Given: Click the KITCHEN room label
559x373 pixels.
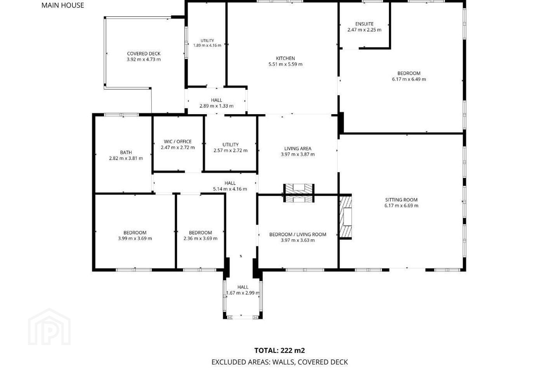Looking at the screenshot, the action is [285, 58].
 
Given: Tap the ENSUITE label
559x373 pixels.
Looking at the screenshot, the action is [365, 24].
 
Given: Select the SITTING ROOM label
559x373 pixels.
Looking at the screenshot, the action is [401, 200].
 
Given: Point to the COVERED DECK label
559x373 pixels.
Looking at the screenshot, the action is [144, 54].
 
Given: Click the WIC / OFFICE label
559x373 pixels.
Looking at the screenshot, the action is [178, 142].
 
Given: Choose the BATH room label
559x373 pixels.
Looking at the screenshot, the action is [126, 152].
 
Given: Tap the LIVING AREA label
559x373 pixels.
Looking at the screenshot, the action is [298, 148].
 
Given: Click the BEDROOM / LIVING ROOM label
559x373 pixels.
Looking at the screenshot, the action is [298, 234].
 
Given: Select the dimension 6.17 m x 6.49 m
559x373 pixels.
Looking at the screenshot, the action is [409, 79].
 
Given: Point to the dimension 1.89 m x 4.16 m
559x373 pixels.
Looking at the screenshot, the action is [207, 45].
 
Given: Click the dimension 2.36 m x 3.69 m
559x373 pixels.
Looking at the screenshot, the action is [200, 238].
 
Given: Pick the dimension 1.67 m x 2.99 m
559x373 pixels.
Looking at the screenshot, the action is [243, 293].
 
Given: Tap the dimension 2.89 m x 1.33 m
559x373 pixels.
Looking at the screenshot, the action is [217, 106].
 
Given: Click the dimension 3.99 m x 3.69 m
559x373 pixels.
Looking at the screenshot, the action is [135, 238].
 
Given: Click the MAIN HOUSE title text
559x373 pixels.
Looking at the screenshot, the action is [62, 5].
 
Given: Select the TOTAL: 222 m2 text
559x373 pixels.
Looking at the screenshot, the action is [279, 350].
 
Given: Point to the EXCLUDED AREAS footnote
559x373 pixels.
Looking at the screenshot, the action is [279, 362].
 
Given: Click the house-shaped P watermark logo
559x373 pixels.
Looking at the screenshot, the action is [49, 327].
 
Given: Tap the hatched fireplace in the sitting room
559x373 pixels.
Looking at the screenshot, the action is [345, 216].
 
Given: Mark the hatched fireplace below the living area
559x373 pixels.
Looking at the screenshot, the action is [299, 193].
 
